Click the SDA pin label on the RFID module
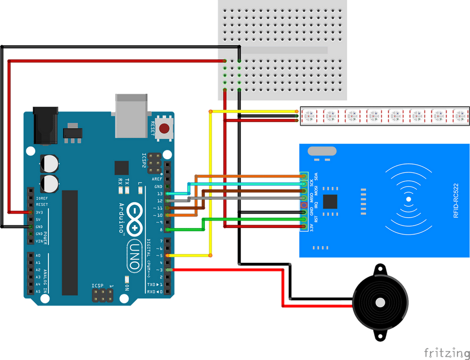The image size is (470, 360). click(x=316, y=177)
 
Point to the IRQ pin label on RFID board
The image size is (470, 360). click(x=316, y=205)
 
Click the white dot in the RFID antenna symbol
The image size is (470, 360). click(x=408, y=199)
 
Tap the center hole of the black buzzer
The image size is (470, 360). click(x=379, y=303)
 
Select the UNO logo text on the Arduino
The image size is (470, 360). click(x=134, y=256)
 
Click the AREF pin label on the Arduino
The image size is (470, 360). click(x=157, y=179)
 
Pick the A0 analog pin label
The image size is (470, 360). click(x=38, y=255)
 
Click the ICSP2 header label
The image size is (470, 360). click(x=144, y=162)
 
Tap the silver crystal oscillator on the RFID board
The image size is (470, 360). click(x=322, y=151)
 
